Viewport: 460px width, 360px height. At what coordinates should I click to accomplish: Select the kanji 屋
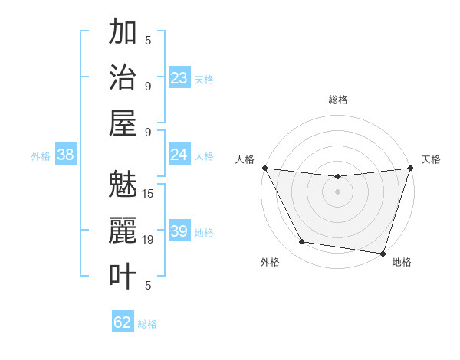123,123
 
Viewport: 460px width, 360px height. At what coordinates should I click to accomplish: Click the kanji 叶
123,276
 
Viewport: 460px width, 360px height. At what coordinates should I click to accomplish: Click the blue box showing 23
179,78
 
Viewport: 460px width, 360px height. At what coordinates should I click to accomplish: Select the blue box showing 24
179,155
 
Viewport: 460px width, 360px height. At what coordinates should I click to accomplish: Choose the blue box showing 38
65,155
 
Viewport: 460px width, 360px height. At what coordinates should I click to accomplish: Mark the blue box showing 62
123,322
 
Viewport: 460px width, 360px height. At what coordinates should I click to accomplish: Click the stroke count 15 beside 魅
149,193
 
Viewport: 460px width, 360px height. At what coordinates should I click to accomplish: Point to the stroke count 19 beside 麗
149,239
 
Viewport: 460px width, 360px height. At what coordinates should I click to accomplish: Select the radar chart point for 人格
264,168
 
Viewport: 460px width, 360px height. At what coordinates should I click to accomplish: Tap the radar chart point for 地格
383,253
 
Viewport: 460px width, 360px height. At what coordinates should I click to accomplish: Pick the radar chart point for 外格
301,242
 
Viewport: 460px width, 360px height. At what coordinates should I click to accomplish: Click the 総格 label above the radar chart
338,100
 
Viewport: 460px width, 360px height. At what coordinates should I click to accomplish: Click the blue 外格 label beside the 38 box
41,156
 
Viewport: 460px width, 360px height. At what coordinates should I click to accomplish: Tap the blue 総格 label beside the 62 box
147,324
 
